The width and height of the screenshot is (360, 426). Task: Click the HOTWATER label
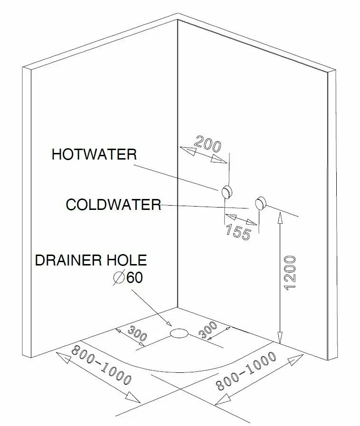coord(95,154)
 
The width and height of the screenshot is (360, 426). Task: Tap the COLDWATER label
coord(114,204)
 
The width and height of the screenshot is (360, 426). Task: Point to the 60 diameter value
coord(135,277)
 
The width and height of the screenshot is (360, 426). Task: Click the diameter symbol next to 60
coord(119,278)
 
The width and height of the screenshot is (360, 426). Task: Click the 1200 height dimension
coord(290,273)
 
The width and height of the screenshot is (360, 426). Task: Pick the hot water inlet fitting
coord(227,192)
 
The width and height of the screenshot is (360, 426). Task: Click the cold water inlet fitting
coord(261,203)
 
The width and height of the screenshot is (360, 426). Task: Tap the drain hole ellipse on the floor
coord(179,333)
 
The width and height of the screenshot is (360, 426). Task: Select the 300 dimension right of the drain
coord(208,330)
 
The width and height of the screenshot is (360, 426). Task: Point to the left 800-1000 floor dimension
coord(101,365)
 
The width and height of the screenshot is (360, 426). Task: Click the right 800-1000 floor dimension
coord(246,371)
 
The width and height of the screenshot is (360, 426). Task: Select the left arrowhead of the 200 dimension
coord(188,151)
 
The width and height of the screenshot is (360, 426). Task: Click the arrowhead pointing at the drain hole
coord(168,322)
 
